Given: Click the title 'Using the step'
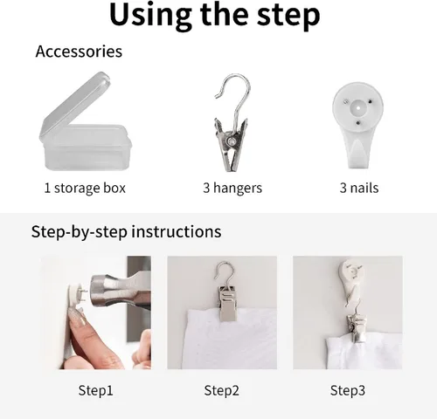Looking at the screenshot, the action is (215, 16).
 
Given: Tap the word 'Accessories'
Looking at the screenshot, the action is (79, 52).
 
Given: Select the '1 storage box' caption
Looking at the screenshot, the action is (85, 188).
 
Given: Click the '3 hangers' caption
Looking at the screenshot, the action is (232, 188).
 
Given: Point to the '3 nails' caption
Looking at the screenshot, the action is (359, 188).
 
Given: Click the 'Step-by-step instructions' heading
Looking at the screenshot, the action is (126, 232).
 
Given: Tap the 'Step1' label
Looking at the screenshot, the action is (95, 390).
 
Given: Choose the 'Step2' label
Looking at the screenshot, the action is (221, 390).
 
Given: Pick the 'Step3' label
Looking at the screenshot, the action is (348, 390).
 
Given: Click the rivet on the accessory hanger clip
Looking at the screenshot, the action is (232, 141).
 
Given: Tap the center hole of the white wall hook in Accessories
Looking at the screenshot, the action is (358, 108).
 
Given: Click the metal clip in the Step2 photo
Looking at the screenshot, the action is (227, 303).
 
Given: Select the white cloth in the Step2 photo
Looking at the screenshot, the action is (230, 339).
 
